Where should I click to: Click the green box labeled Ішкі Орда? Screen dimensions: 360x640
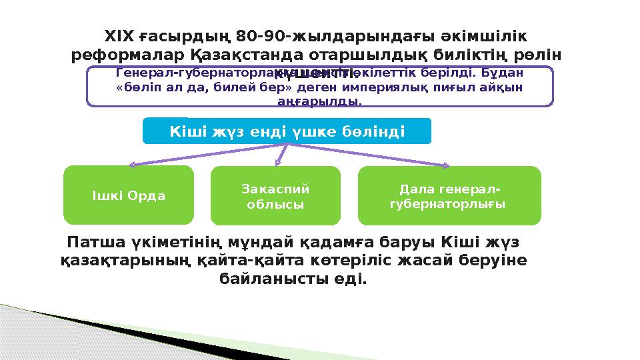point(128,195)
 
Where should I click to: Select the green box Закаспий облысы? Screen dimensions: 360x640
point(275,195)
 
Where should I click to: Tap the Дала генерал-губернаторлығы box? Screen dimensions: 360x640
point(449,195)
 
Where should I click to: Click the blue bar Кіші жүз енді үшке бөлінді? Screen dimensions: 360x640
point(287,131)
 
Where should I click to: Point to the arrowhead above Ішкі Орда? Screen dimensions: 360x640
point(132,163)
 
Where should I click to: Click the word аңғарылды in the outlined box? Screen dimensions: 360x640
point(319,102)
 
